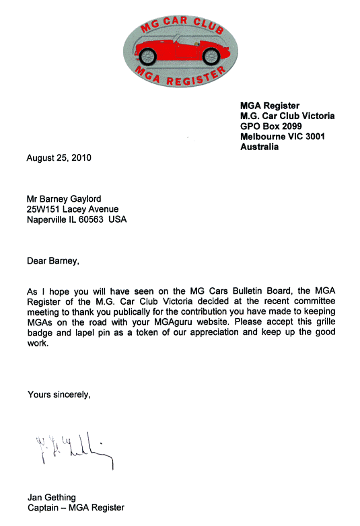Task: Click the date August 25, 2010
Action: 59,159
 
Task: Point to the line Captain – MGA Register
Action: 75,508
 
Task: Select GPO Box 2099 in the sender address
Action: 271,126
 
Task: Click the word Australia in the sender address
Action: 259,147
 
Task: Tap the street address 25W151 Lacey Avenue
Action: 72,209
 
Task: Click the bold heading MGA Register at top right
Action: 270,106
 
